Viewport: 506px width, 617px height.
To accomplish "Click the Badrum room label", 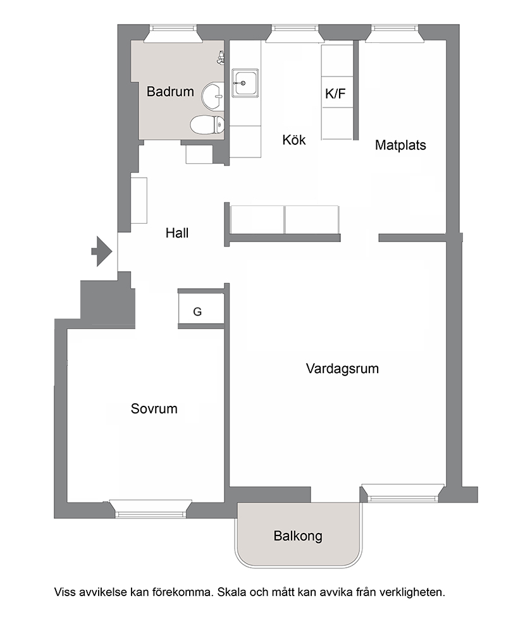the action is click(x=170, y=92).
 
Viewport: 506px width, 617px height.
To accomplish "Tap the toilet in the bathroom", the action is click(x=207, y=125).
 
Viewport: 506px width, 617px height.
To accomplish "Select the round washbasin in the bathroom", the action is click(x=213, y=95).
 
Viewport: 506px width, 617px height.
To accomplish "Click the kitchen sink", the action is click(x=245, y=83).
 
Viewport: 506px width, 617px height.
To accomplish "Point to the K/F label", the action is click(x=335, y=94).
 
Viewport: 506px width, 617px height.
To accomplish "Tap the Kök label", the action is click(x=293, y=140).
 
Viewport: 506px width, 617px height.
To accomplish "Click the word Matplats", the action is click(x=400, y=145).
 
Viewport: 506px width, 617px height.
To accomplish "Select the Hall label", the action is click(x=177, y=233).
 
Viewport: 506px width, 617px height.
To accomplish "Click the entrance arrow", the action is click(x=102, y=252).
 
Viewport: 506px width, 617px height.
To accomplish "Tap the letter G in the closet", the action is click(x=197, y=312).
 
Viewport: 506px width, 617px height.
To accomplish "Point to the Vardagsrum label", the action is click(x=342, y=369).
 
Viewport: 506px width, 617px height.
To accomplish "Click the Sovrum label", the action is click(x=154, y=408).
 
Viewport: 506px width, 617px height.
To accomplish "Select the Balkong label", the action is click(x=298, y=536).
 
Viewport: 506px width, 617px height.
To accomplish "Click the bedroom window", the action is click(x=151, y=508).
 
